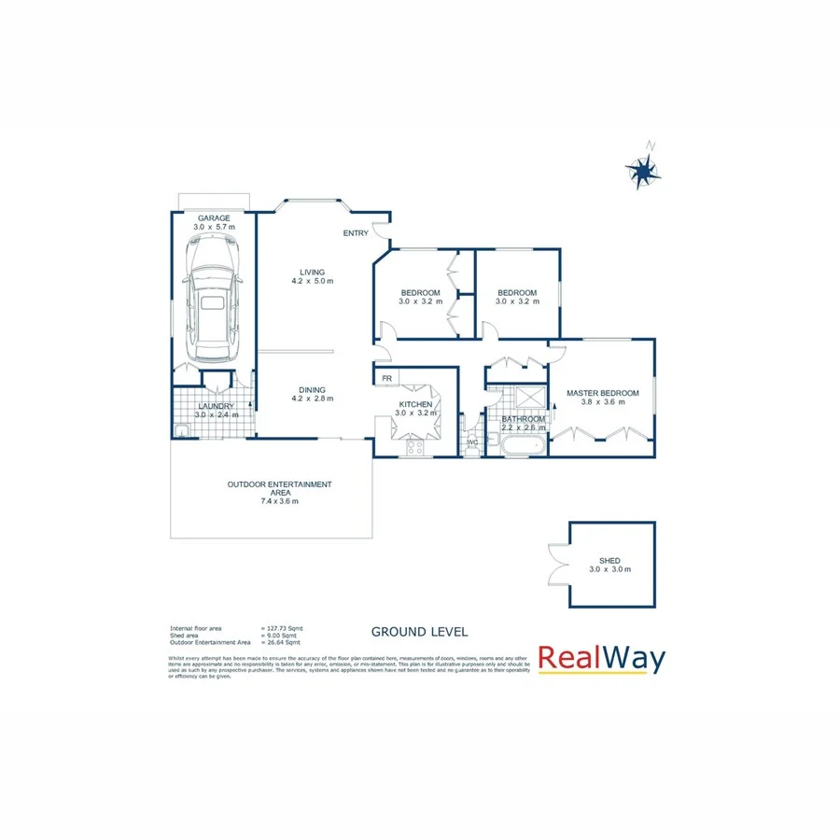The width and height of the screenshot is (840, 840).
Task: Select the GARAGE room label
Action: [x=213, y=218]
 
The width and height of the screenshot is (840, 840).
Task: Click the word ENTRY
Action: [x=356, y=233]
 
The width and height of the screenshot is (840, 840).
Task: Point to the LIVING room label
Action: [x=312, y=273]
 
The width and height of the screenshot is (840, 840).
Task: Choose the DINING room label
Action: [x=312, y=390]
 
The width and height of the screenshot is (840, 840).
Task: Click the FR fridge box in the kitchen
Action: [x=385, y=378]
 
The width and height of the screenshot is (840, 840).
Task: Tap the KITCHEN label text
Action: [x=413, y=404]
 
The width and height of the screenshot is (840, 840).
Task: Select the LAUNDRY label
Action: [x=217, y=406]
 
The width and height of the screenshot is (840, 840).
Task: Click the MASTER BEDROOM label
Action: [x=603, y=394]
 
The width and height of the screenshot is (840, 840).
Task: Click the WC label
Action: [x=472, y=441]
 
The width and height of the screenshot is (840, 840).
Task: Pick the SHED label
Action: [x=609, y=561]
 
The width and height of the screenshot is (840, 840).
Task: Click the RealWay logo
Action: [x=602, y=660]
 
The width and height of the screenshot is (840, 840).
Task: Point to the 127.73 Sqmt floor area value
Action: [x=284, y=628]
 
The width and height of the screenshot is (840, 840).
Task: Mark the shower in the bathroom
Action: [x=531, y=398]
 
